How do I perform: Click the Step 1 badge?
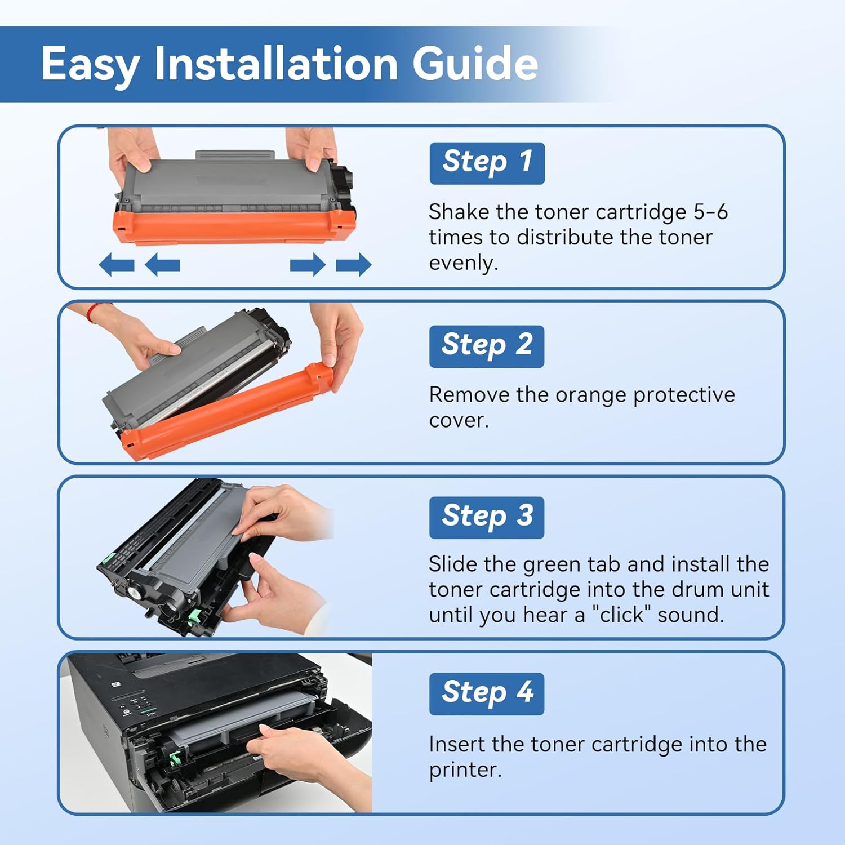pyautogui.click(x=487, y=163)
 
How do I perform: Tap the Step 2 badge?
pyautogui.click(x=487, y=346)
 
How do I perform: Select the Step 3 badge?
pyautogui.click(x=487, y=517)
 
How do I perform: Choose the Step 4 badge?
pyautogui.click(x=487, y=693)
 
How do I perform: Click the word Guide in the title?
pyautogui.click(x=475, y=63)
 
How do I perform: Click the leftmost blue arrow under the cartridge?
pyautogui.click(x=117, y=264)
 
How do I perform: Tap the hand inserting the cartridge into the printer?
pyautogui.click(x=304, y=755)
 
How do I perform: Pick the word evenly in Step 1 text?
pyautogui.click(x=462, y=263)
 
